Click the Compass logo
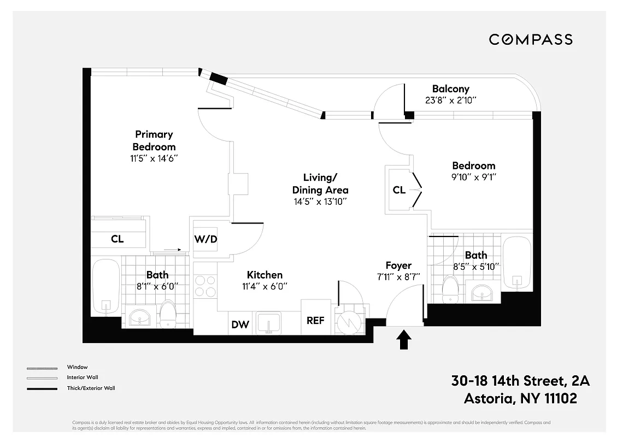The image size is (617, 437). coord(530,39)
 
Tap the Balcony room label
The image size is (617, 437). coord(450,88)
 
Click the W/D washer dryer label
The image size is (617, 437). coord(206,239)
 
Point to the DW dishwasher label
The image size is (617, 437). coord(240,324)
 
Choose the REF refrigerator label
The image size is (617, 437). coord(315,321)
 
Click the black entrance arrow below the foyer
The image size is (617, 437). coord(404,339)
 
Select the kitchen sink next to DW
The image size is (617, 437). coord(268,322)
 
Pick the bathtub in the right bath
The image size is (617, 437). coord(516,263)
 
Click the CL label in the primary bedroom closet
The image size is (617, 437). coord(117,239)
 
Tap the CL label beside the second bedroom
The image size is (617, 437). coord(399,190)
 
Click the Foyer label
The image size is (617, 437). coord(398,265)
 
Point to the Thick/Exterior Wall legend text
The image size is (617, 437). coord(91,388)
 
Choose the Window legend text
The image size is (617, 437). coord(77,367)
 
